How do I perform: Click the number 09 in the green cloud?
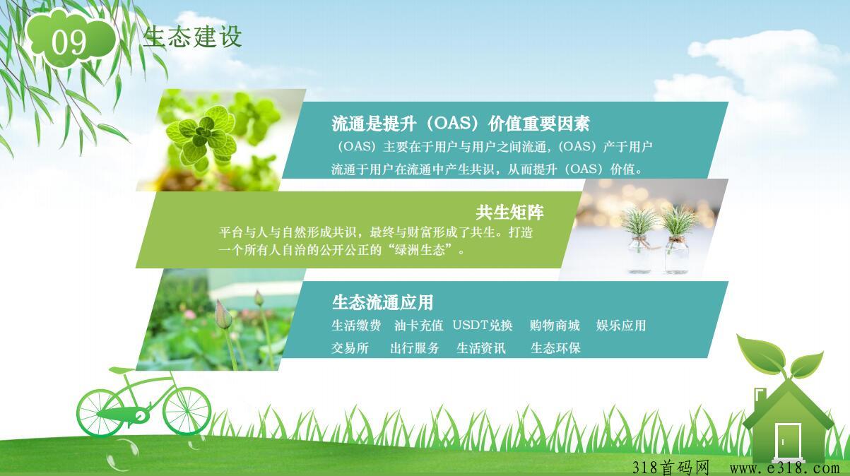(x=69, y=42)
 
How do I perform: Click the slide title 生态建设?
(x=192, y=37)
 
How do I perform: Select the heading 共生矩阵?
(x=509, y=213)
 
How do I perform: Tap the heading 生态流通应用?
(x=382, y=302)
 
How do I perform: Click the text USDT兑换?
(x=483, y=325)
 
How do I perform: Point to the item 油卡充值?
(x=418, y=325)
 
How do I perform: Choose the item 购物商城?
(x=555, y=325)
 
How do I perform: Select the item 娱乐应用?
(x=621, y=325)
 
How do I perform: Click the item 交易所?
(x=350, y=347)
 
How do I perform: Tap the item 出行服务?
(x=415, y=347)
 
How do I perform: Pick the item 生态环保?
(x=555, y=347)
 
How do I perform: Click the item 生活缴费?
(x=356, y=325)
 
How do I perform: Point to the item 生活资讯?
(x=481, y=347)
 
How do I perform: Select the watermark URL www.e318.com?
(x=784, y=467)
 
